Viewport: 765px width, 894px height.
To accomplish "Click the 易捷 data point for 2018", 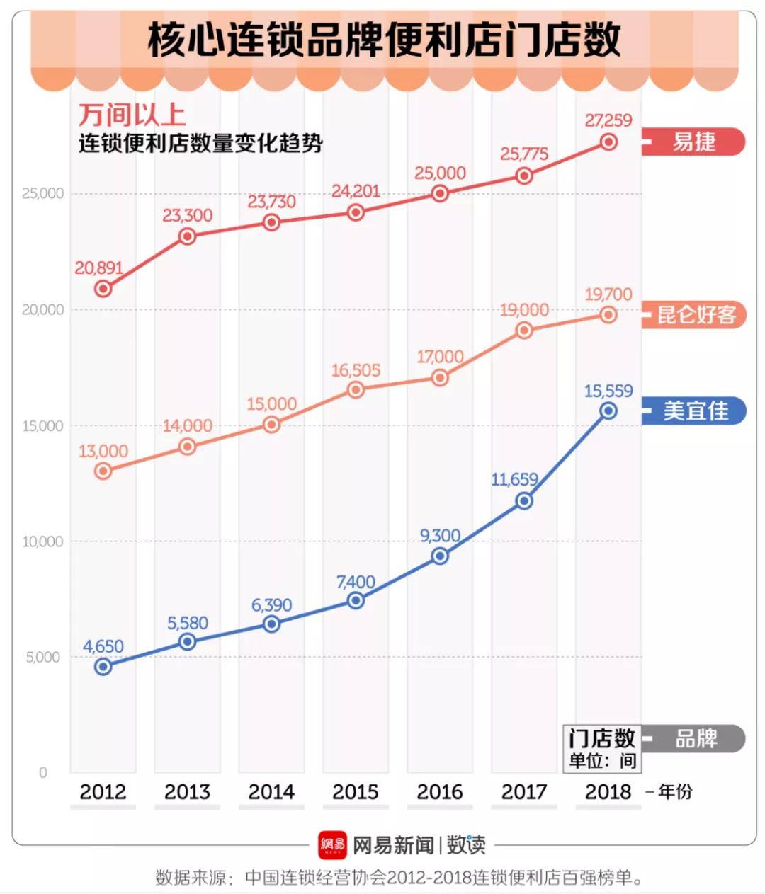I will [x=608, y=142].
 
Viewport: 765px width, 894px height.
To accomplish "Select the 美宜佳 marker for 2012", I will [x=103, y=666].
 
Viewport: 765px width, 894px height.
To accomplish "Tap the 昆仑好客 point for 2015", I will [x=356, y=390].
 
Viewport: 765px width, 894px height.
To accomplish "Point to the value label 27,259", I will [x=608, y=120].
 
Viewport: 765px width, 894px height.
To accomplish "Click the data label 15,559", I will [x=608, y=391].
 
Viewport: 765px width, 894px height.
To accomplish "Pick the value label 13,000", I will [x=103, y=451].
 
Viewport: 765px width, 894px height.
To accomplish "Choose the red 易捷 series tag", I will [x=694, y=142].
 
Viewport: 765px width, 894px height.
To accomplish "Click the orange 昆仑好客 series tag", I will [x=696, y=314].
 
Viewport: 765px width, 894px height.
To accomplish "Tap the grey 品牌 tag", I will [x=696, y=739].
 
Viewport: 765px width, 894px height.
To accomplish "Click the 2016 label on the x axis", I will [x=440, y=791].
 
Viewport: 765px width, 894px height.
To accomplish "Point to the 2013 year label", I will [x=187, y=791].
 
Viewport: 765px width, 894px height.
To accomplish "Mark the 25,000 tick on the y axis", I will [x=42, y=193].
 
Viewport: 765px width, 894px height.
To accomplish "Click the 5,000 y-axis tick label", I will [x=43, y=657].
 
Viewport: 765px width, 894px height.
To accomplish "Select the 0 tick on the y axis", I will [x=43, y=772].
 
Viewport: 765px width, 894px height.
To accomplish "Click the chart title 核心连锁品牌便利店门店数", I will [x=384, y=40].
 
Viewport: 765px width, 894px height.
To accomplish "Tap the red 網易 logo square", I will [x=332, y=844].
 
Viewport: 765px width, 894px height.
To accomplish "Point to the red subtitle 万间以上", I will [x=132, y=115].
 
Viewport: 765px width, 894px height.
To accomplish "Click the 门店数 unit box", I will [x=602, y=747].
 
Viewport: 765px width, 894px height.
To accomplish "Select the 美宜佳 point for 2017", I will [x=524, y=501].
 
